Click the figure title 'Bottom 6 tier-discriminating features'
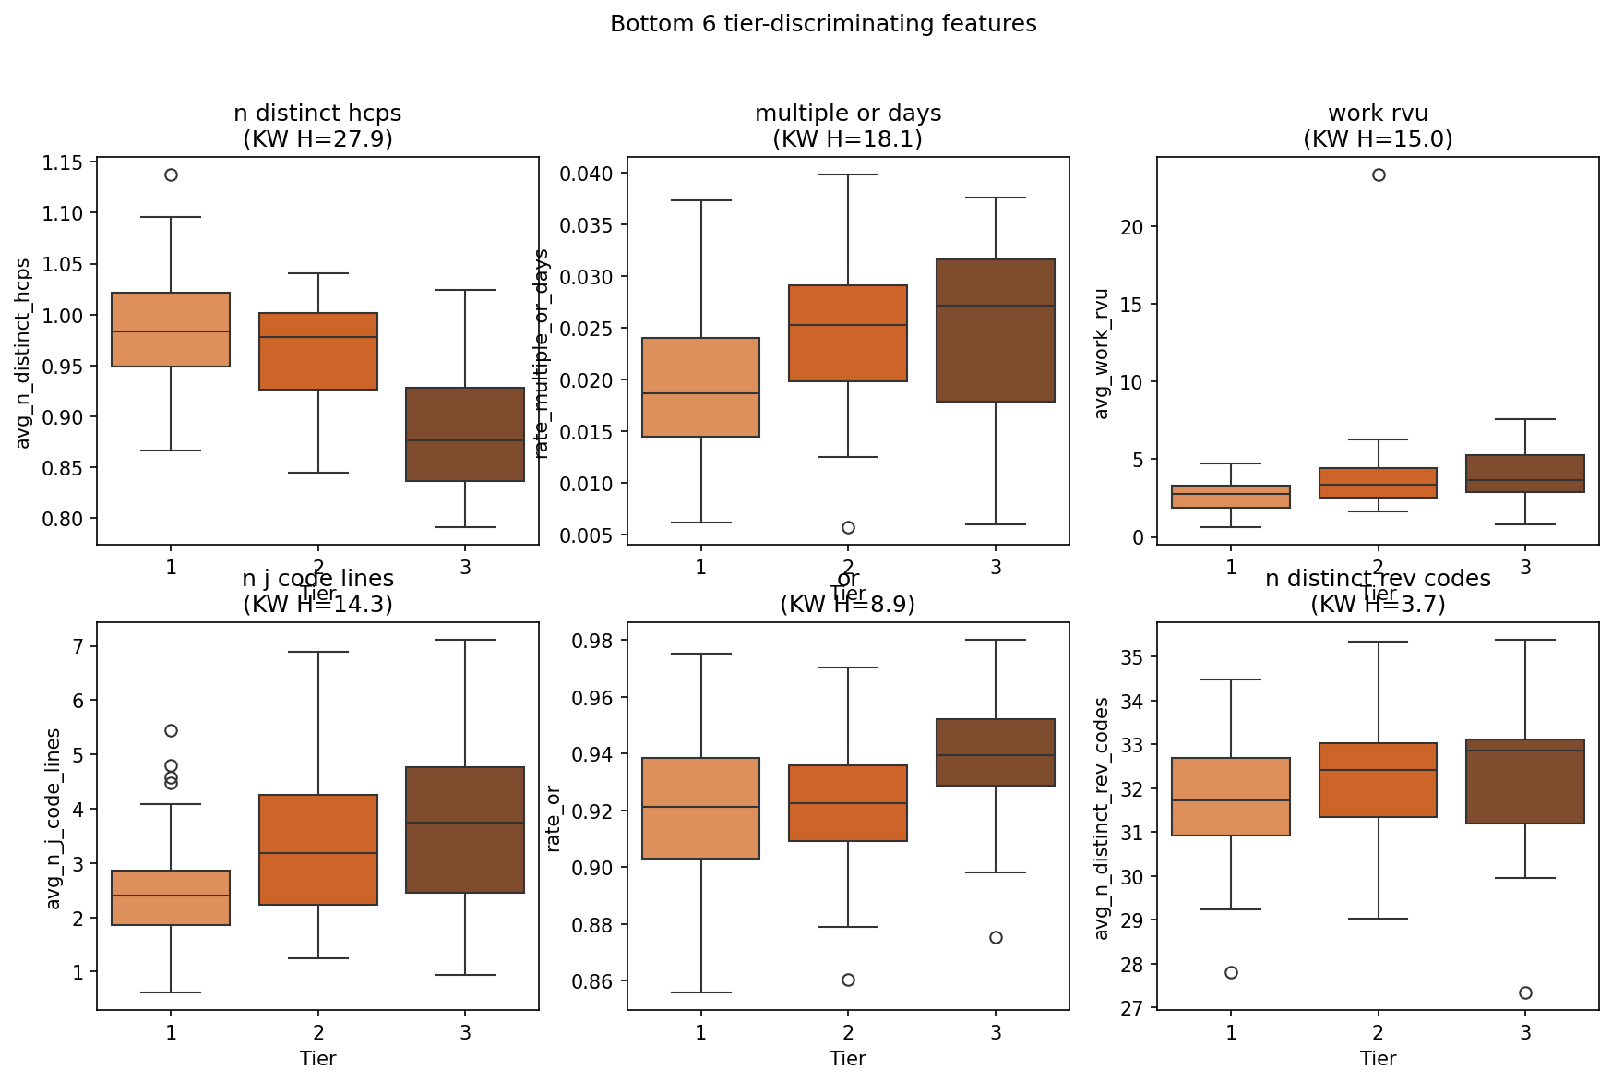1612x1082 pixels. tap(823, 24)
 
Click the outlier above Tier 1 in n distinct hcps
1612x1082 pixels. tap(171, 174)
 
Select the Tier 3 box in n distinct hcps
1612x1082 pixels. tap(465, 434)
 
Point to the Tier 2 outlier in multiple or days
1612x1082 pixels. tap(848, 527)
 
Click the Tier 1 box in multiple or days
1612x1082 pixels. tap(701, 387)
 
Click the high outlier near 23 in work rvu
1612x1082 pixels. tap(1379, 174)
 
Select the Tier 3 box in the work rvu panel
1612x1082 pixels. tap(1525, 474)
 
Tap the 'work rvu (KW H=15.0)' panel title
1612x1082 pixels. tap(1378, 126)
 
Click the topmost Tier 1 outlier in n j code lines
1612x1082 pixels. tap(171, 730)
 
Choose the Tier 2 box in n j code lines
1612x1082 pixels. tap(318, 849)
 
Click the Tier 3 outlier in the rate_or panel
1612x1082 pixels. tap(996, 937)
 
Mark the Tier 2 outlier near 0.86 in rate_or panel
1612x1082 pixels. tap(848, 980)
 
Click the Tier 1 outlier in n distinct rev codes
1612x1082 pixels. tap(1231, 972)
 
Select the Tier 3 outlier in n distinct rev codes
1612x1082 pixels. tap(1525, 992)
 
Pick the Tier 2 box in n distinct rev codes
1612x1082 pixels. tap(1379, 780)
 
